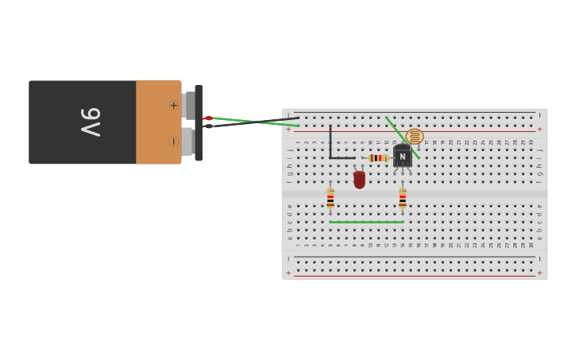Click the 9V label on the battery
90,122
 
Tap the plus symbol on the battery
173,105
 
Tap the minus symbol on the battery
173,141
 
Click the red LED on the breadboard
359,180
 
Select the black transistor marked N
402,156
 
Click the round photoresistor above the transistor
415,137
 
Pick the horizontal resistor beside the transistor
377,158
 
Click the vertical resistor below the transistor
403,199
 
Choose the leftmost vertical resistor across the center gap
331,199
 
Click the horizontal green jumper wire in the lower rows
365,222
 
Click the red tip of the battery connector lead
207,118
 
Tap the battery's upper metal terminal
188,105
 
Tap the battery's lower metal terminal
187,141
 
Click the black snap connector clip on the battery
199,122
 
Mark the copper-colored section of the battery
158,122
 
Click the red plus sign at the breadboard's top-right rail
539,130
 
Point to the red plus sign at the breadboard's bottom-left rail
288,273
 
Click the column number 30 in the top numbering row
532,142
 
